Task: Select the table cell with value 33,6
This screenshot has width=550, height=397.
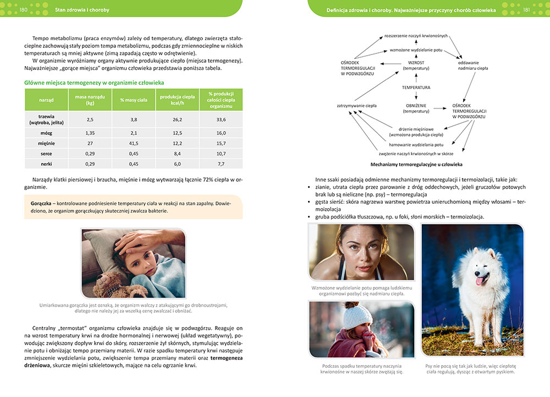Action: coord(221,119)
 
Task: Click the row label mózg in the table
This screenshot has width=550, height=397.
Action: coord(46,133)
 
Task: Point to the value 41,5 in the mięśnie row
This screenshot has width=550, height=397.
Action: coord(134,143)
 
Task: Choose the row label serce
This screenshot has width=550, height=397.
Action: coord(46,153)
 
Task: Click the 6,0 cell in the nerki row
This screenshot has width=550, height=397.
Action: coord(177,164)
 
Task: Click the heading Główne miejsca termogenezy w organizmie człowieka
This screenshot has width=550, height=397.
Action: coord(94,82)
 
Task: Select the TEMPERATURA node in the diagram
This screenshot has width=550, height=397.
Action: coord(416,88)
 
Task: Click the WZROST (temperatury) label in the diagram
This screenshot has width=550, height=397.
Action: coord(416,66)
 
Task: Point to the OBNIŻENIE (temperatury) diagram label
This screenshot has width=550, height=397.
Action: coord(416,108)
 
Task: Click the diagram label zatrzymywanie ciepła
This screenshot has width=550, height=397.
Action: coord(356,105)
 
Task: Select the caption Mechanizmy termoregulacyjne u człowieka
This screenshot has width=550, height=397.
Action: coord(416,164)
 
